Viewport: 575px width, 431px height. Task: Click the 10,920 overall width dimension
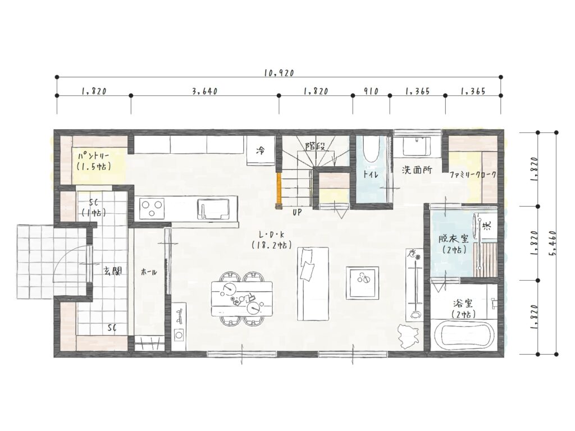point(279,73)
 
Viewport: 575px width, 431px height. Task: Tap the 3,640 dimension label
point(205,91)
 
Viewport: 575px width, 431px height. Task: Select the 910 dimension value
point(371,91)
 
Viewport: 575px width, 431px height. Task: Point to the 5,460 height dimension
point(553,243)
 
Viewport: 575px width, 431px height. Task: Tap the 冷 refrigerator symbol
point(261,150)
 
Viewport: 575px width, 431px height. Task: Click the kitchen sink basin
point(213,209)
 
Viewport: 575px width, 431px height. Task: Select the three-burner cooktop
point(152,209)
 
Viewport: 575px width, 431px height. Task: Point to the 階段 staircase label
point(315,146)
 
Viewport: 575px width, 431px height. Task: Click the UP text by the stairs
point(297,212)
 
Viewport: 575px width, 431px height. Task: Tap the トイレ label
point(371,174)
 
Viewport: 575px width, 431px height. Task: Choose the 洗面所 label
point(417,170)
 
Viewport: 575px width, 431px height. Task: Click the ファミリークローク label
point(473,175)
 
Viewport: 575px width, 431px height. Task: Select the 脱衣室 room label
point(454,239)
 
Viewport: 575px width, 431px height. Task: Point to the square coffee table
point(362,283)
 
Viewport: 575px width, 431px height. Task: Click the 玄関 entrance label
point(112,271)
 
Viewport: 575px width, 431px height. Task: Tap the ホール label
point(149,272)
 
